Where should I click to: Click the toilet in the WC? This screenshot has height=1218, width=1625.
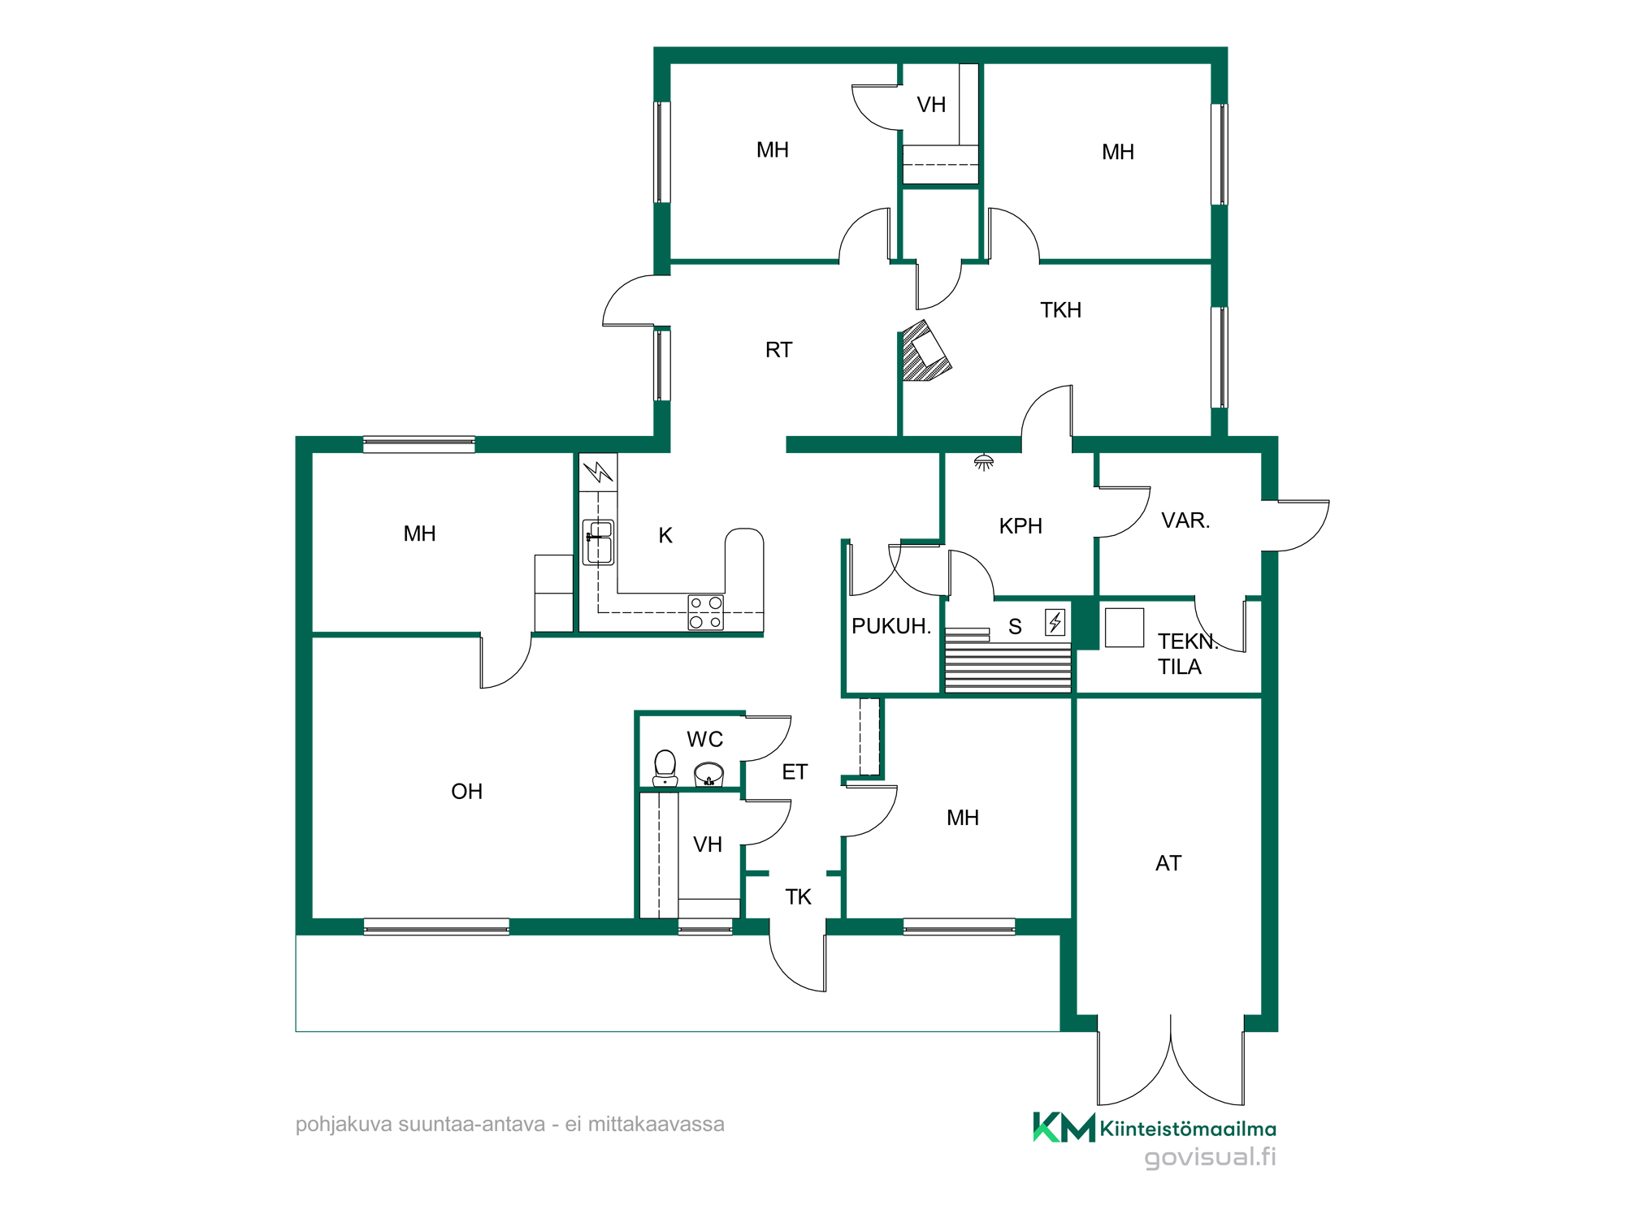click(665, 768)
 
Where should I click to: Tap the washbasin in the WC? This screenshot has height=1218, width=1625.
click(708, 774)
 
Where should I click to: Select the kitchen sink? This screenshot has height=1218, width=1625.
click(599, 542)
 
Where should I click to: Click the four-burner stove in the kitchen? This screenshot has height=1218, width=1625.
click(705, 612)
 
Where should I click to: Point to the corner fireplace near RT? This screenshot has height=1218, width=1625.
click(925, 351)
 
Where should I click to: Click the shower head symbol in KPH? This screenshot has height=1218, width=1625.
click(984, 462)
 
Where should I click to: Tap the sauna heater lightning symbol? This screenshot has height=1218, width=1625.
click(1055, 622)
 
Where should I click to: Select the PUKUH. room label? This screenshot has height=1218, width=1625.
click(890, 626)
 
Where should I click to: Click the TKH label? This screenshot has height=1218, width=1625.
click(1060, 310)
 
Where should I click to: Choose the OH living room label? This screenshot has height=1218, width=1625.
click(466, 792)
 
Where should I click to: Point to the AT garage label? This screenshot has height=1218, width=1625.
click(1168, 863)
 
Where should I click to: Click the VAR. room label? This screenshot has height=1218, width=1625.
click(1185, 520)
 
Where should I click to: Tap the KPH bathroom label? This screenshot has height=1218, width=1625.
click(1020, 526)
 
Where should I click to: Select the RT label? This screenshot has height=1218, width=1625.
click(778, 350)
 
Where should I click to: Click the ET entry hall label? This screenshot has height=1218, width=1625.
click(795, 772)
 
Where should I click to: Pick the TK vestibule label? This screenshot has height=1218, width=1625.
click(798, 897)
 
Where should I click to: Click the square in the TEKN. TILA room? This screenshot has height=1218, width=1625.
click(1124, 628)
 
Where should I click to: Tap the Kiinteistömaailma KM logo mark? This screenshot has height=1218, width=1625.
click(1064, 1127)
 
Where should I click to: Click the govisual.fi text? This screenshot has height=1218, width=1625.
click(1210, 1157)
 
